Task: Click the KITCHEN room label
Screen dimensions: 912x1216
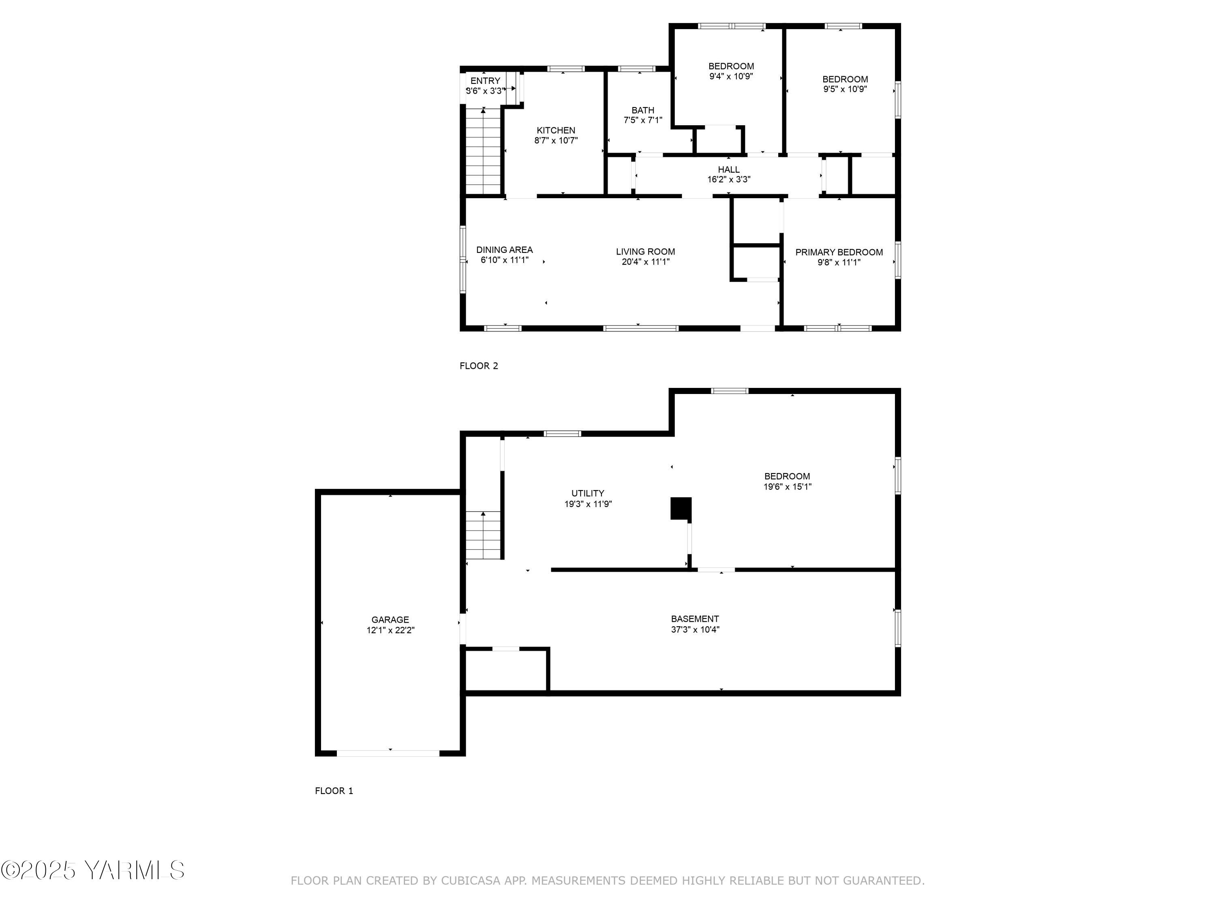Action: point(556,130)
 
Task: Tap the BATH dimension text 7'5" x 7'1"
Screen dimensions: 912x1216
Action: point(642,120)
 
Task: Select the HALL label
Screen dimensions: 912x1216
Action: point(728,169)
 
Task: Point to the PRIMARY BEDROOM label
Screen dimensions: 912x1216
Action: point(839,253)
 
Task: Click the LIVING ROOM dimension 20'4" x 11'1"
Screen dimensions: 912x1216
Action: point(645,262)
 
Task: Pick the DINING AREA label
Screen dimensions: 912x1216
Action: point(504,250)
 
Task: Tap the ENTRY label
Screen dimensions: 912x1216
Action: point(485,81)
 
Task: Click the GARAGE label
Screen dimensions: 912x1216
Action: point(390,619)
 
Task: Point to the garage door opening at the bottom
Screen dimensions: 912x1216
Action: point(388,753)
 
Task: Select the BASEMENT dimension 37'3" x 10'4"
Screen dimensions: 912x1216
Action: point(695,629)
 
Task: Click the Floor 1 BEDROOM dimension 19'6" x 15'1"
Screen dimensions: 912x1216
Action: point(787,486)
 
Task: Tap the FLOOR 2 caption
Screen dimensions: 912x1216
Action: point(478,366)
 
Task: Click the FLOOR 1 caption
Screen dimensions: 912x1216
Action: point(334,790)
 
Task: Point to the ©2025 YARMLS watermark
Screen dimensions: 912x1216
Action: point(92,870)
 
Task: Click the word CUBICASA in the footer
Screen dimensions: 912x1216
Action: point(470,881)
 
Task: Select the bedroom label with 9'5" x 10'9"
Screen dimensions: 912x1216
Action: point(845,79)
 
